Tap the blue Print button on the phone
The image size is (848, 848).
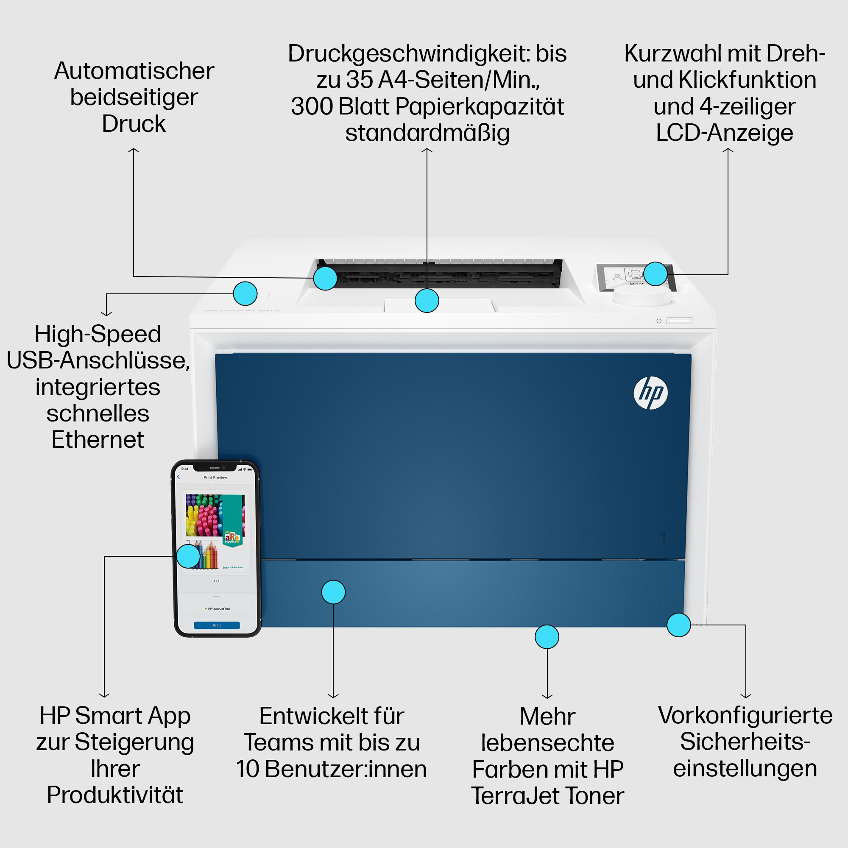217,625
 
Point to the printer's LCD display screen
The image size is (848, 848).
623,276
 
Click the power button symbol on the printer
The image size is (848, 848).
659,321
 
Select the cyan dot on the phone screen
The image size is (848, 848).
188,556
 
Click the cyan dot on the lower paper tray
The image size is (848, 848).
333,592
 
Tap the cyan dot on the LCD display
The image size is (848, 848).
656,274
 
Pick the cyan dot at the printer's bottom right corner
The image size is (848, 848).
678,625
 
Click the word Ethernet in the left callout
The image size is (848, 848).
98,440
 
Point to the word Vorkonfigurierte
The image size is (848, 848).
745,715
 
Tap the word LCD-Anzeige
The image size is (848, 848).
724,133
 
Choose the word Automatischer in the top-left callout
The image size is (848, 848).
134,71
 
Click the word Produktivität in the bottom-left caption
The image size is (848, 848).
114,795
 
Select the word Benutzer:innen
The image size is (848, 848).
346,769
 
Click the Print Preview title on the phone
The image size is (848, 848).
215,477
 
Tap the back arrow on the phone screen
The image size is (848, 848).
178,477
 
